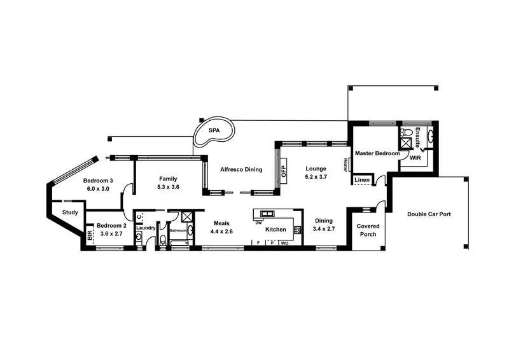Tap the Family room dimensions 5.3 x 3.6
(169, 188)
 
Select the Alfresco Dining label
(241, 169)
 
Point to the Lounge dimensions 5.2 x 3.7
(316, 177)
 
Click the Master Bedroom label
(377, 153)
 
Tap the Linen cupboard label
(362, 181)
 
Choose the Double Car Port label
(429, 214)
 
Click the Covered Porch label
(368, 230)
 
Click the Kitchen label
(275, 229)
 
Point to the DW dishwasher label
(258, 223)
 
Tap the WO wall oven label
(284, 243)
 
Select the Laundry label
(146, 228)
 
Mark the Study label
(70, 212)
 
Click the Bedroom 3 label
(97, 180)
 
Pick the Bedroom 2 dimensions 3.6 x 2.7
(111, 233)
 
